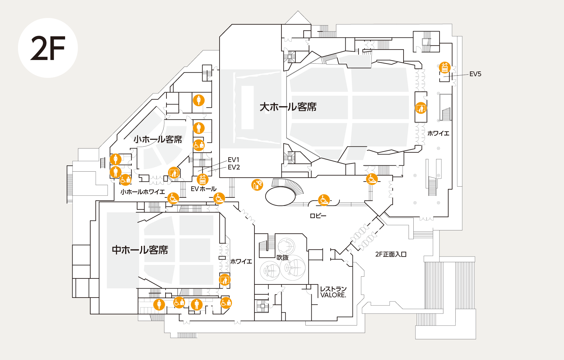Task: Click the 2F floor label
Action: coord(48,48)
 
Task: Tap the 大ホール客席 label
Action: coord(288,107)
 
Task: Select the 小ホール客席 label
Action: coord(158,139)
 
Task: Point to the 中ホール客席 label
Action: coord(140,250)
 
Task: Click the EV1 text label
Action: coord(233,160)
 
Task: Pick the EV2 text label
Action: coord(234,167)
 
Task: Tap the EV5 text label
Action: coord(475,74)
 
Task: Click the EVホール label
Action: coord(204,189)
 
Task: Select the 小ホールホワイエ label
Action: coord(142,192)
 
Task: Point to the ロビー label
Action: coord(318,216)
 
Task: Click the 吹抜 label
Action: coord(283,257)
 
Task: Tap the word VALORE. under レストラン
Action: coord(333,295)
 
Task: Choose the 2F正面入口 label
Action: coord(391,254)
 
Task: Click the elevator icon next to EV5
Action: coord(444,67)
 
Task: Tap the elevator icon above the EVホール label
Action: coord(202,179)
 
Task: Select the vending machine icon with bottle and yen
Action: coord(257,185)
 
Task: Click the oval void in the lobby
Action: coord(280,196)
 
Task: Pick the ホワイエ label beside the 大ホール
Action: coord(438,133)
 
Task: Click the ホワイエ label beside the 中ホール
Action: coord(241,262)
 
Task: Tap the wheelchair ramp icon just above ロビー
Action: coord(324,200)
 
